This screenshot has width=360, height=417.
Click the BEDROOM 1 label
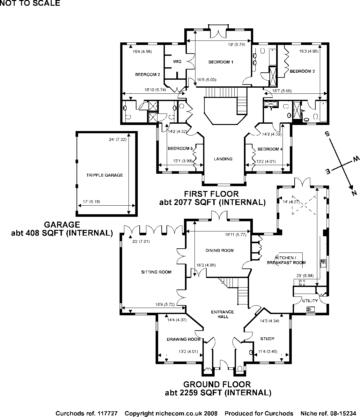point(221,62)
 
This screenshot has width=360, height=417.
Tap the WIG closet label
point(177,61)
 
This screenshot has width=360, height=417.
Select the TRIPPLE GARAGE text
point(104,175)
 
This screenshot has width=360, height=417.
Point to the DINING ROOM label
point(220,250)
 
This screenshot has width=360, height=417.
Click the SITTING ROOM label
point(156,272)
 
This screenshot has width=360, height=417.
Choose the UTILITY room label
point(310,301)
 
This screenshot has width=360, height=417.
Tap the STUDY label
point(267,339)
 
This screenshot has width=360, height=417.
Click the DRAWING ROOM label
point(183,339)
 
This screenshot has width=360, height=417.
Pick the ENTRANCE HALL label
point(223,314)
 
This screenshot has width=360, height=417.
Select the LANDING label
point(223,159)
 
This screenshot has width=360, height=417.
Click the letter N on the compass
point(353,193)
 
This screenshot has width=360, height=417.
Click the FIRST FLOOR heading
point(211,194)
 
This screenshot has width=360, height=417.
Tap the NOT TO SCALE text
point(30,4)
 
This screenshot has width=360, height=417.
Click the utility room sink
point(310,309)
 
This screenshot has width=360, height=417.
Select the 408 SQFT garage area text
point(62,233)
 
